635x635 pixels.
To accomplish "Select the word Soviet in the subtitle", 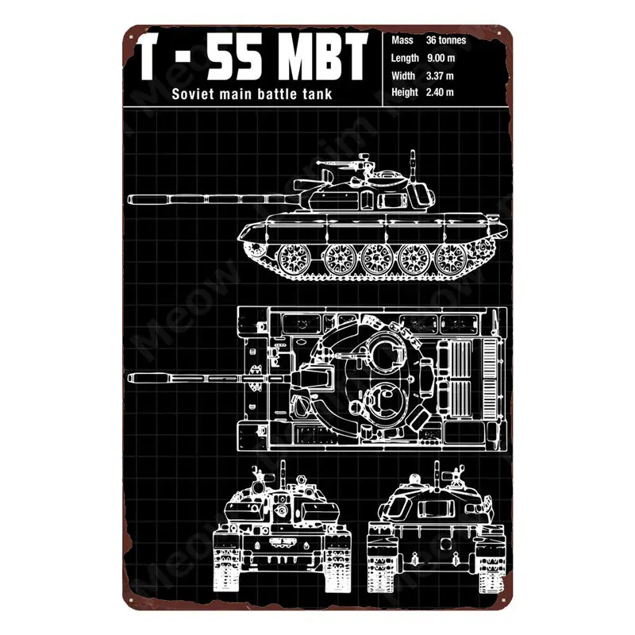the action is tap(194, 96).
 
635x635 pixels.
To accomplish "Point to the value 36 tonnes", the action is tap(447, 40).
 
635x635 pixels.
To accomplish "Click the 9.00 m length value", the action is tap(440, 57).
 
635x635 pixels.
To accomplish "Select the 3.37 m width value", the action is tap(440, 75).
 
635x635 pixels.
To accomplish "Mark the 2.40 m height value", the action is tap(440, 93).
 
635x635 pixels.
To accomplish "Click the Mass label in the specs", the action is tap(401, 40).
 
